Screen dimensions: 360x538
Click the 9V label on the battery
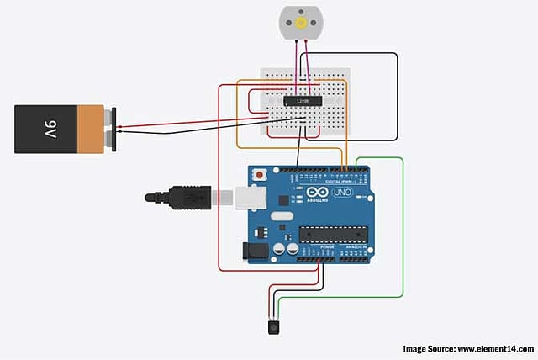[x=50, y=129]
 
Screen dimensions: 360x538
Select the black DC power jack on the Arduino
[x=251, y=250]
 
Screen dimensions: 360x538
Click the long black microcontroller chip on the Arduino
[x=333, y=235]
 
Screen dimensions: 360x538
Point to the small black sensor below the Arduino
[x=273, y=326]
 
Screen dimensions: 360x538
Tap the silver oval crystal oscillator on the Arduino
[x=281, y=216]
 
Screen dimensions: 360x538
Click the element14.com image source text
[x=467, y=348]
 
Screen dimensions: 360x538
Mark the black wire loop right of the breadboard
[x=396, y=97]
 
